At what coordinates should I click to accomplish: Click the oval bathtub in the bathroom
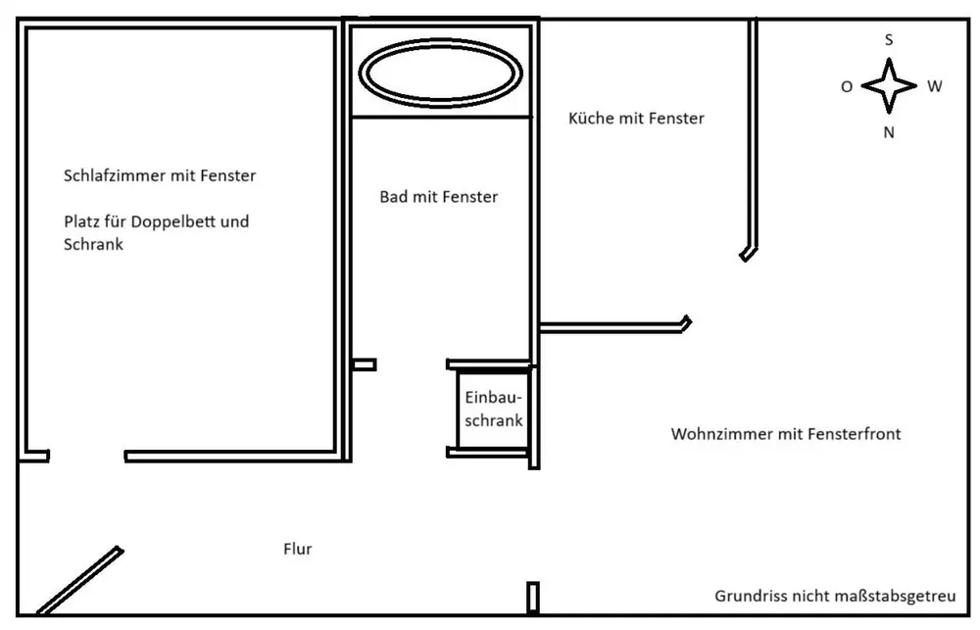tap(441, 44)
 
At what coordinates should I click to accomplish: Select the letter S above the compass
tap(889, 40)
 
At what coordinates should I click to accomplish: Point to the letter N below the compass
tap(889, 132)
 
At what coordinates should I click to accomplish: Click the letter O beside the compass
tap(847, 87)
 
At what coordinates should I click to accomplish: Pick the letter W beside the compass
tap(934, 86)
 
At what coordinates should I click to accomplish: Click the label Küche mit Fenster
tap(636, 119)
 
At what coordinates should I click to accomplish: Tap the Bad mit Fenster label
tap(439, 197)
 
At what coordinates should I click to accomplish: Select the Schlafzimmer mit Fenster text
tap(160, 175)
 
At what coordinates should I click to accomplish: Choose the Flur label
tap(298, 549)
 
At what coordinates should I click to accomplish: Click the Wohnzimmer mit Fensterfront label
tap(786, 434)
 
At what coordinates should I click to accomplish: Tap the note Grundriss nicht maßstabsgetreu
tap(836, 597)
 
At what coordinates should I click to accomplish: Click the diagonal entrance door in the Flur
tap(80, 581)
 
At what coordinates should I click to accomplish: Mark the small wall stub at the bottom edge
tap(532, 598)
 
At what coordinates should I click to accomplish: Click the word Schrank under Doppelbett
tap(94, 244)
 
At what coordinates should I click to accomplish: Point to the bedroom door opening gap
tap(87, 457)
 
